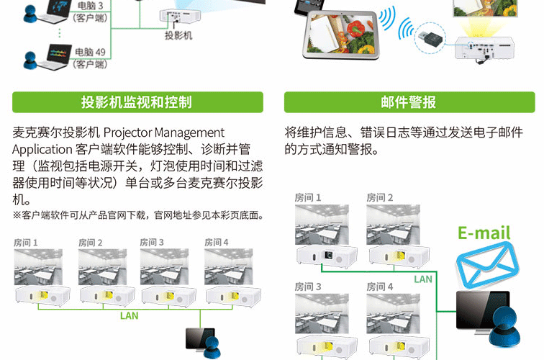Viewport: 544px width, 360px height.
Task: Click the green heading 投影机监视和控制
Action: (x=136, y=102)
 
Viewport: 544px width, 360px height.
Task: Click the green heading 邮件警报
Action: (x=408, y=102)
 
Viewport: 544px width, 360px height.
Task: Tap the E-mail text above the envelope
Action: (x=484, y=233)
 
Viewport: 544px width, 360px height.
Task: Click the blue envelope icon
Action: (x=487, y=264)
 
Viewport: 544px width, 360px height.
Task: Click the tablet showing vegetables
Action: (x=340, y=34)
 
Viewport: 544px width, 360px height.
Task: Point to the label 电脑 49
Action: (x=90, y=52)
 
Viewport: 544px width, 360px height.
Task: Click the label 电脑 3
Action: (x=90, y=6)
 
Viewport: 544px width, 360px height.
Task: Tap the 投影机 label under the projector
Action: (x=178, y=35)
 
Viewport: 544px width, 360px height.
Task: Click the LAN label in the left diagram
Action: (x=129, y=315)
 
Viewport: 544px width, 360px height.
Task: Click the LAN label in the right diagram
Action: (x=423, y=279)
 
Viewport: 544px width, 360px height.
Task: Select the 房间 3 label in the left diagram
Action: (x=152, y=243)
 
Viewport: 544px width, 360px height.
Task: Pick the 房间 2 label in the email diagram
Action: (x=380, y=197)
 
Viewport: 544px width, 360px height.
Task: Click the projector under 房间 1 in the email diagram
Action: (x=327, y=256)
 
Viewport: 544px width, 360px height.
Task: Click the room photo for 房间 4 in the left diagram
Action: (x=229, y=266)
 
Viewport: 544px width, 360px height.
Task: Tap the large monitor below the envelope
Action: (x=483, y=312)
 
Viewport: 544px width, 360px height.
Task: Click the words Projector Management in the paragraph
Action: (x=164, y=132)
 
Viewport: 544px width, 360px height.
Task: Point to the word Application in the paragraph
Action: (x=42, y=149)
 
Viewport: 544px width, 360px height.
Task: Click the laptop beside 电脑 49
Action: (x=53, y=57)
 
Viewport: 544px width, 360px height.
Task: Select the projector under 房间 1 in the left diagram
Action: (x=42, y=296)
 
